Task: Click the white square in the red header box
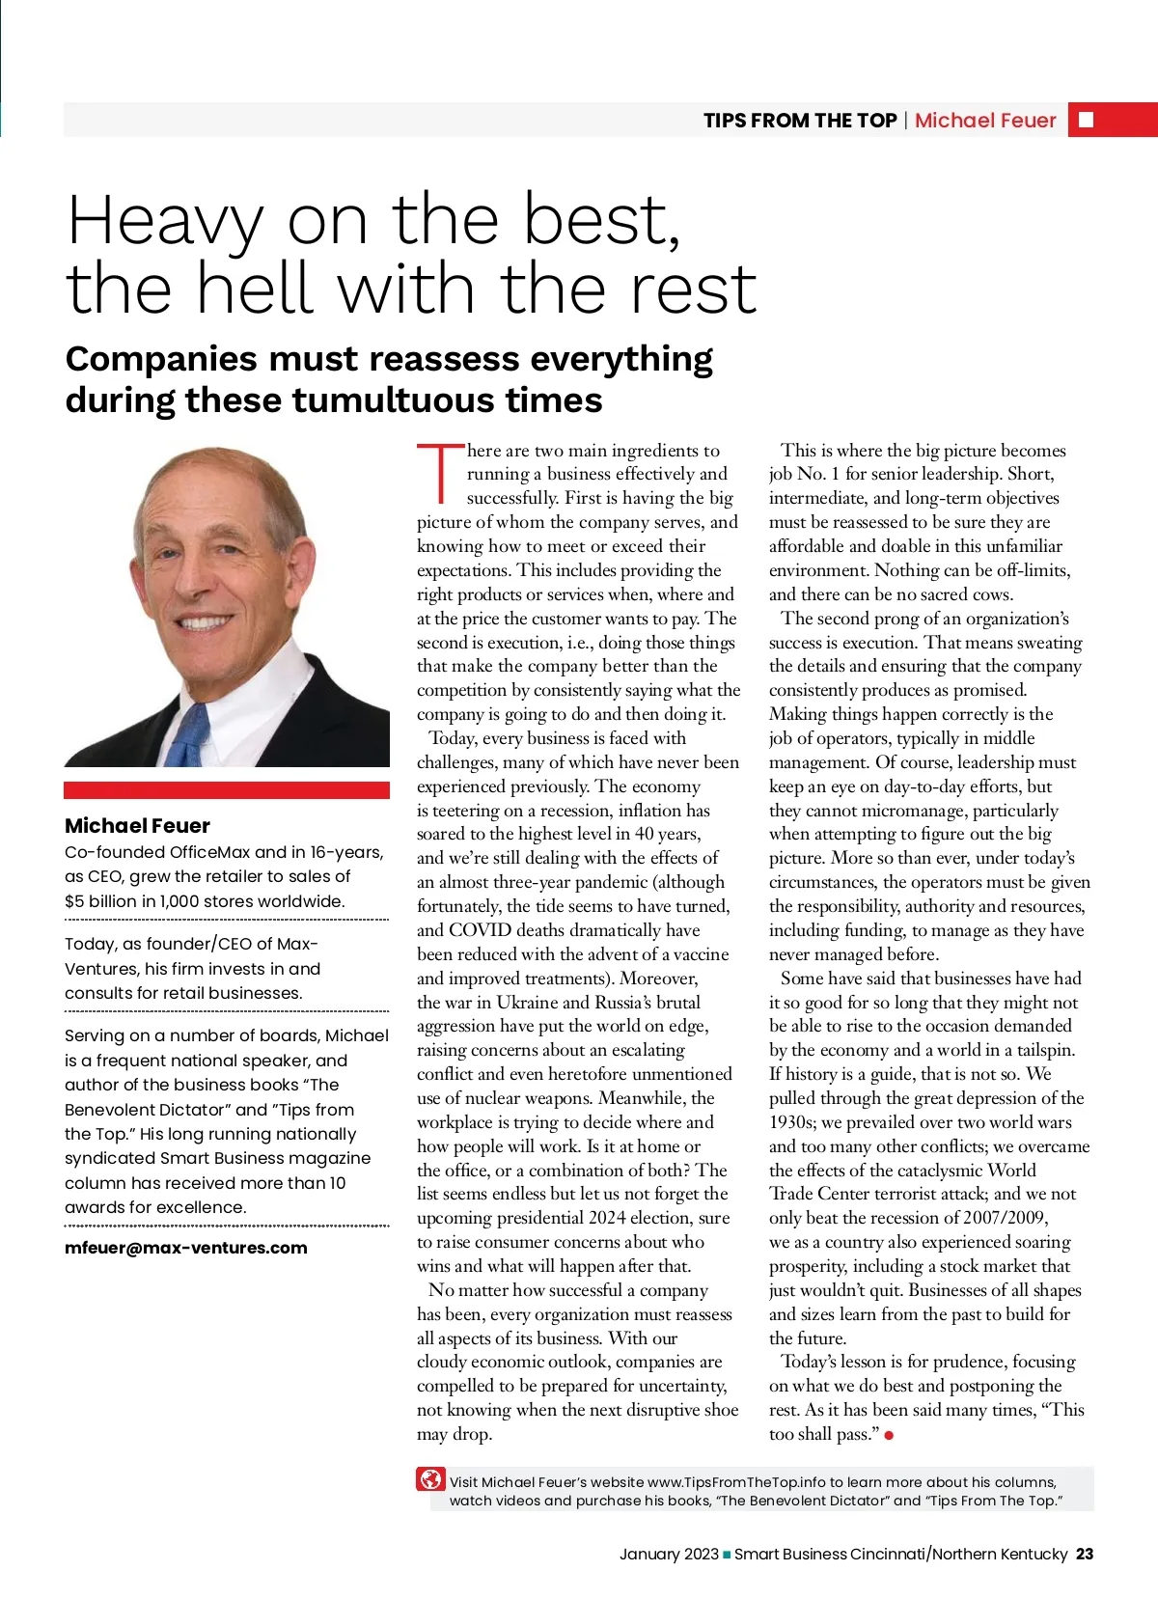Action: [1086, 120]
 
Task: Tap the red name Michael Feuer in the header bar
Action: [984, 121]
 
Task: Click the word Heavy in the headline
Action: [164, 222]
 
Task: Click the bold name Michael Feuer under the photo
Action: [137, 826]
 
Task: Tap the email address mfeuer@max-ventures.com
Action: [185, 1248]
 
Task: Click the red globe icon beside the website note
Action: [430, 1479]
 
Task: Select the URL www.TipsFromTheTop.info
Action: [736, 1482]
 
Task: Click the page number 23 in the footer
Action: [1085, 1554]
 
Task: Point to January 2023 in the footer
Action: [669, 1554]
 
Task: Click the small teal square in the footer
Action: [727, 1555]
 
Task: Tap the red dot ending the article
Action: [889, 1435]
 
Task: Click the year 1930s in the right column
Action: [794, 1122]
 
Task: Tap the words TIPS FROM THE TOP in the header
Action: [800, 121]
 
